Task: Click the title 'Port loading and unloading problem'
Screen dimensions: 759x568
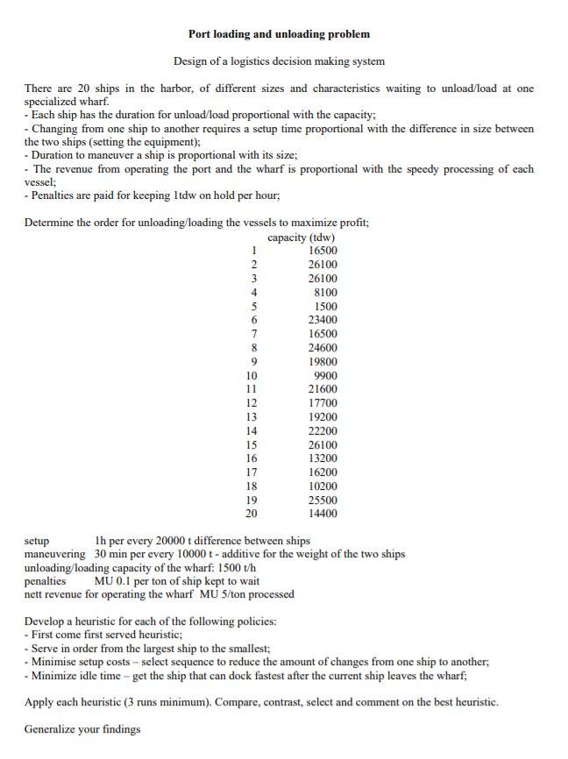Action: point(279,34)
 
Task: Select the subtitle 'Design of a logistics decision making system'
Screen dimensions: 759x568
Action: point(279,61)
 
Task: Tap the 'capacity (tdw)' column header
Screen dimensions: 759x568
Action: point(301,238)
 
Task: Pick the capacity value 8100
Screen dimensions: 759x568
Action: point(324,293)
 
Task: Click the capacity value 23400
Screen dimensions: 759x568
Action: point(322,320)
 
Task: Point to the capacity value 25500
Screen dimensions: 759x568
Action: point(322,500)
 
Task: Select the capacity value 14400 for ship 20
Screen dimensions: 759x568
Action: point(322,514)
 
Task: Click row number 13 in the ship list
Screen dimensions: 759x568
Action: point(252,417)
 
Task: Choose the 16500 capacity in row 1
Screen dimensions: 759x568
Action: point(322,251)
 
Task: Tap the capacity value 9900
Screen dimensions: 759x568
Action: point(324,376)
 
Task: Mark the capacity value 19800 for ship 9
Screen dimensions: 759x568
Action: point(322,362)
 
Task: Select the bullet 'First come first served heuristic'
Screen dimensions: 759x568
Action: point(105,635)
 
